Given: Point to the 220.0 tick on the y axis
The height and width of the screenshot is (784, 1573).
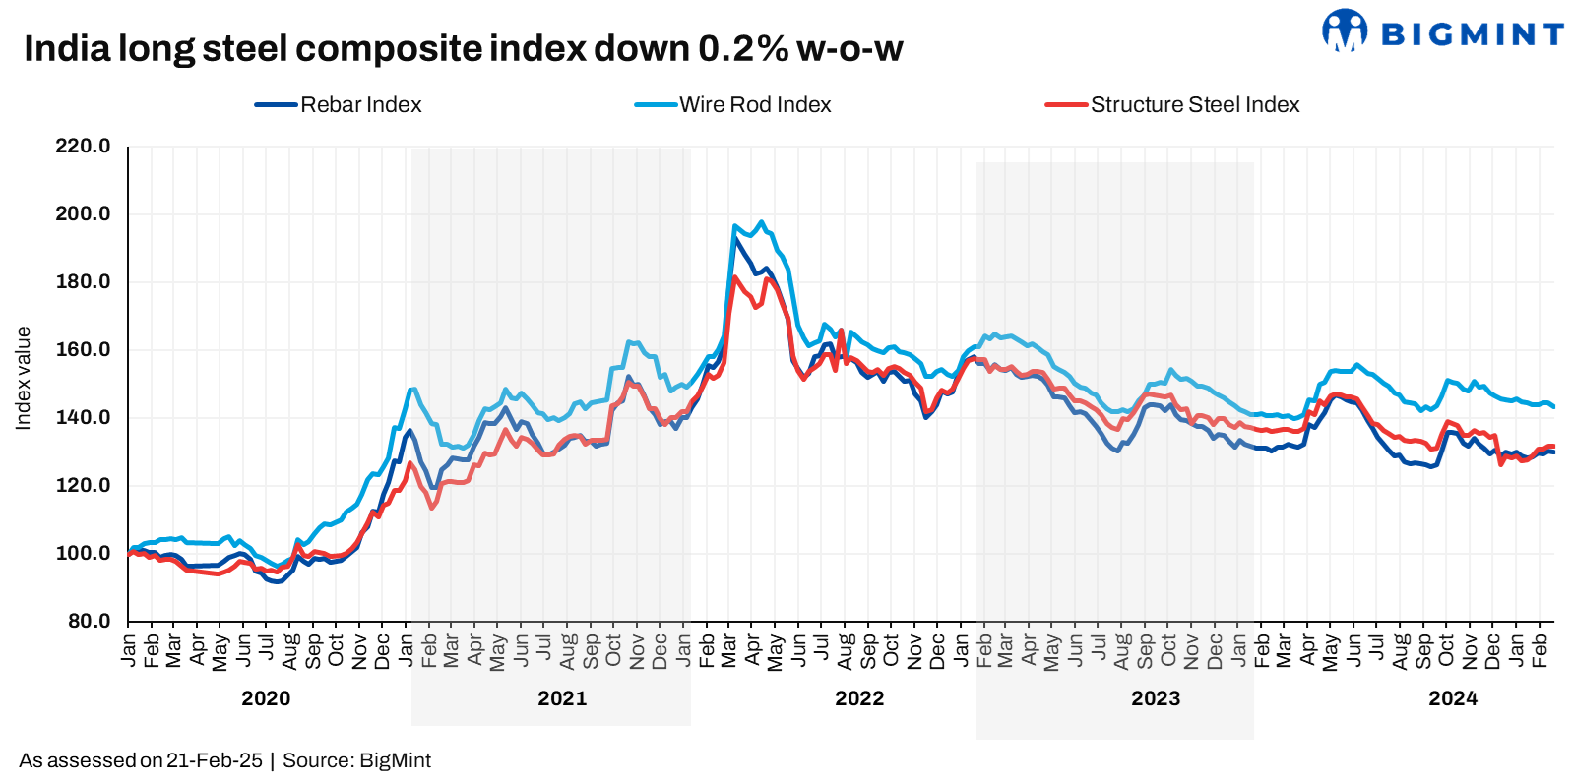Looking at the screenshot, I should click(83, 147).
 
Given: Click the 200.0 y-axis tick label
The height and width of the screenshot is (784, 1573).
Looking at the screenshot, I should click(83, 214).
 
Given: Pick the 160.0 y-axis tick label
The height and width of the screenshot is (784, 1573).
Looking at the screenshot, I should click(83, 350).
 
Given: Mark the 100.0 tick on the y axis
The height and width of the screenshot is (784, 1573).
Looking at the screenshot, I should click(83, 554).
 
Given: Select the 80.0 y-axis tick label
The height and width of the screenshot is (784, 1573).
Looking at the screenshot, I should click(89, 622).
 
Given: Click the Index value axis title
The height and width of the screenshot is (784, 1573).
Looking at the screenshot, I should click(24, 379).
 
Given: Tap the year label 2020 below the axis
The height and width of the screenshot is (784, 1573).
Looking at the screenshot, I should click(266, 698).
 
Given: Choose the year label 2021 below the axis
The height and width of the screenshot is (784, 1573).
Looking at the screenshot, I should click(562, 698).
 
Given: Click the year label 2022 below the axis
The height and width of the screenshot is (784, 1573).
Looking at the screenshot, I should click(859, 698).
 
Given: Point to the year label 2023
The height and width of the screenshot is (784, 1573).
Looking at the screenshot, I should click(1156, 698).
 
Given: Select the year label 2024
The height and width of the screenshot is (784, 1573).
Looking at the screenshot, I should click(1453, 698).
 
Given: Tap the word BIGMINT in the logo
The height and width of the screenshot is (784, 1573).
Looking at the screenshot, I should click(1473, 35).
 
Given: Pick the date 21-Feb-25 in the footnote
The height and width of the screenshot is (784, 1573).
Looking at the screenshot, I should click(215, 760).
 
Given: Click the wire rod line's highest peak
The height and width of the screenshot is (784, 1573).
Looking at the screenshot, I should click(760, 222).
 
